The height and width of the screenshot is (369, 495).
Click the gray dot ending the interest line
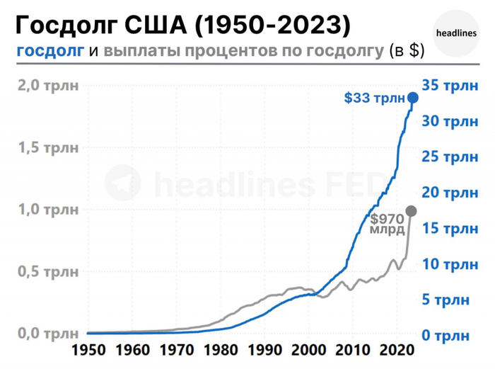411,211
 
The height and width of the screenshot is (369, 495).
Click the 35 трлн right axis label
450,85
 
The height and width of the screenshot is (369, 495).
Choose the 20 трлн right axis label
450,192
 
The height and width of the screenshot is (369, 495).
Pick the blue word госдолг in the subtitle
49,51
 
